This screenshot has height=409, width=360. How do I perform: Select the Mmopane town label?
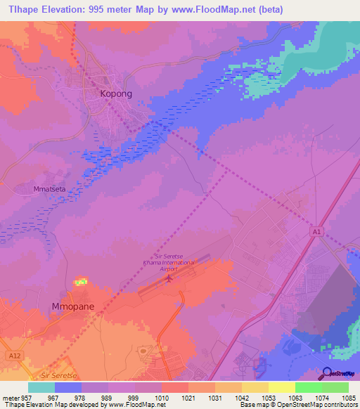coord(74,306)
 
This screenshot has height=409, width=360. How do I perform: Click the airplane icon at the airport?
coord(169,279)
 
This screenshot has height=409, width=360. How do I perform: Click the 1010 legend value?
coord(161,398)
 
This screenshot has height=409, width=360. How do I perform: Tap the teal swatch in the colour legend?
coord(41,387)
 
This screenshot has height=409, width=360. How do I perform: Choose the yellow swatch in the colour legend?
coord(281,387)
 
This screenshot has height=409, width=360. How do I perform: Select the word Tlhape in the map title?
coord(24,9)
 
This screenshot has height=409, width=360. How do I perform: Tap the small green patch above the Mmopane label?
coord(82,282)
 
